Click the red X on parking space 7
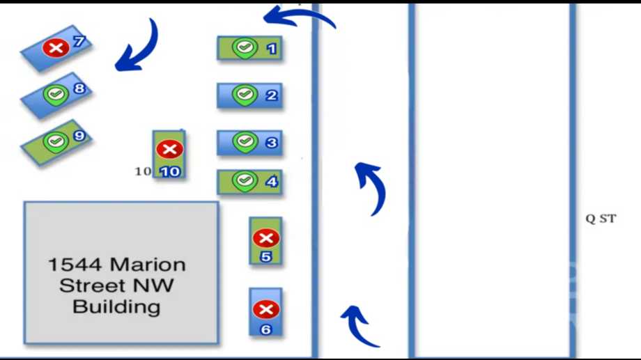(56, 48)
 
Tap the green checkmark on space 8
(56, 95)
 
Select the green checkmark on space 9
(56, 142)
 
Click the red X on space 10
(169, 149)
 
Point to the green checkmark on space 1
(245, 48)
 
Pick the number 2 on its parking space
(271, 95)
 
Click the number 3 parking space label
(271, 143)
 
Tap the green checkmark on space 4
(245, 180)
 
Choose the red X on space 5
(266, 238)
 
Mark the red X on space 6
(266, 309)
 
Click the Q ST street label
(601, 219)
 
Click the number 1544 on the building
(75, 265)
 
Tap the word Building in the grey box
(116, 307)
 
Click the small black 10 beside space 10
(143, 171)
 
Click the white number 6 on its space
(265, 329)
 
